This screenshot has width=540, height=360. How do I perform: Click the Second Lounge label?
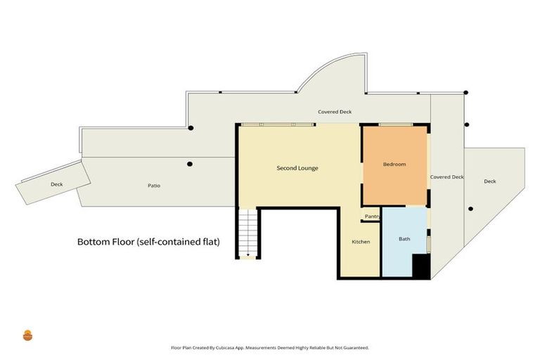[x=297, y=168]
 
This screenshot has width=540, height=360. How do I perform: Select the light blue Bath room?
[x=404, y=243]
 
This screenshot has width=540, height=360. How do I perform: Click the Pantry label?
[x=372, y=217]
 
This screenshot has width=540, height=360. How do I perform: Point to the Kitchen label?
[x=361, y=242]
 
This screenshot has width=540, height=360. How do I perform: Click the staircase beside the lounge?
[x=246, y=234]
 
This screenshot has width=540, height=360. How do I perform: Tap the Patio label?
[x=154, y=186]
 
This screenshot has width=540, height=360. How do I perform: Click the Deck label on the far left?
[x=57, y=184]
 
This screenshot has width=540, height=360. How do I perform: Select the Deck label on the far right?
[x=490, y=181]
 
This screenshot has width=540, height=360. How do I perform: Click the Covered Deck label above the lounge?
[x=335, y=112]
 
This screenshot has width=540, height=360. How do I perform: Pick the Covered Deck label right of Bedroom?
[x=447, y=177]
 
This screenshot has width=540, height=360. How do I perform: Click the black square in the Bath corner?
[x=420, y=266]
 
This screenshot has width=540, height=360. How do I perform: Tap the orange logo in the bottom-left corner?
[x=28, y=335]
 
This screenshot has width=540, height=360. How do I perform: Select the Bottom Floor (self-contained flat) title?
[x=148, y=242]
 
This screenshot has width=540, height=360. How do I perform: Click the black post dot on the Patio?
[x=189, y=165]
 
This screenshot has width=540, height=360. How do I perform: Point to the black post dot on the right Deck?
[x=470, y=209]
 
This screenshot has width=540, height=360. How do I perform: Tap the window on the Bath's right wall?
[x=428, y=243]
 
